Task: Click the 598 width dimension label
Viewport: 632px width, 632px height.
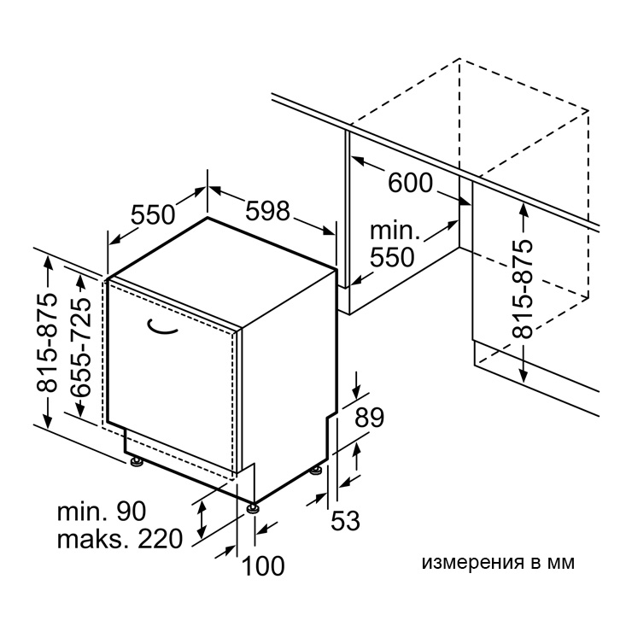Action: [x=267, y=210]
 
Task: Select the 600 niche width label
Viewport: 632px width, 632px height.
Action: [x=410, y=183]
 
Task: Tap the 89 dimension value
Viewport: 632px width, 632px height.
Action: [x=369, y=417]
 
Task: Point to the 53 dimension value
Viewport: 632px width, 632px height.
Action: [x=345, y=520]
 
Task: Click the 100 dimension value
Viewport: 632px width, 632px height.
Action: [x=263, y=565]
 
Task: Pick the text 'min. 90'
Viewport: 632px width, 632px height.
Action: [x=102, y=512]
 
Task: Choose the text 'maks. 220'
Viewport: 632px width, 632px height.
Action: [x=120, y=539]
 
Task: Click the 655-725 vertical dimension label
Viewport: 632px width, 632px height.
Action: [x=80, y=347]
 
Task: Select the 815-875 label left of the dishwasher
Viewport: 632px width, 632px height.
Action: [x=47, y=342]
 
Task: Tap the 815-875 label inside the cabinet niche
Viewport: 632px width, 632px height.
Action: [x=523, y=289]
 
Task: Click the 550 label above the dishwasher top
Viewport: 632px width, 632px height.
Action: [x=153, y=214]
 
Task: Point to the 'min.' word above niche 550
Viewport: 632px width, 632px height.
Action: [x=395, y=231]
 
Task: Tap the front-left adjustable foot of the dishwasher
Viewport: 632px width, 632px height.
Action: [x=137, y=461]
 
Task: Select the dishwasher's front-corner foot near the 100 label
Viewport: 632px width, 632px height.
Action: [x=253, y=507]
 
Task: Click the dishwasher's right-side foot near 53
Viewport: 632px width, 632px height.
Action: [x=316, y=471]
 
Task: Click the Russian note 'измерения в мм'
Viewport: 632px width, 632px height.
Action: [x=498, y=563]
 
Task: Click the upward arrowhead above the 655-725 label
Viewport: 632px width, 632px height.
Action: [x=80, y=280]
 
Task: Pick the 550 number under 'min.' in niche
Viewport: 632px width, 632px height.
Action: [x=392, y=257]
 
